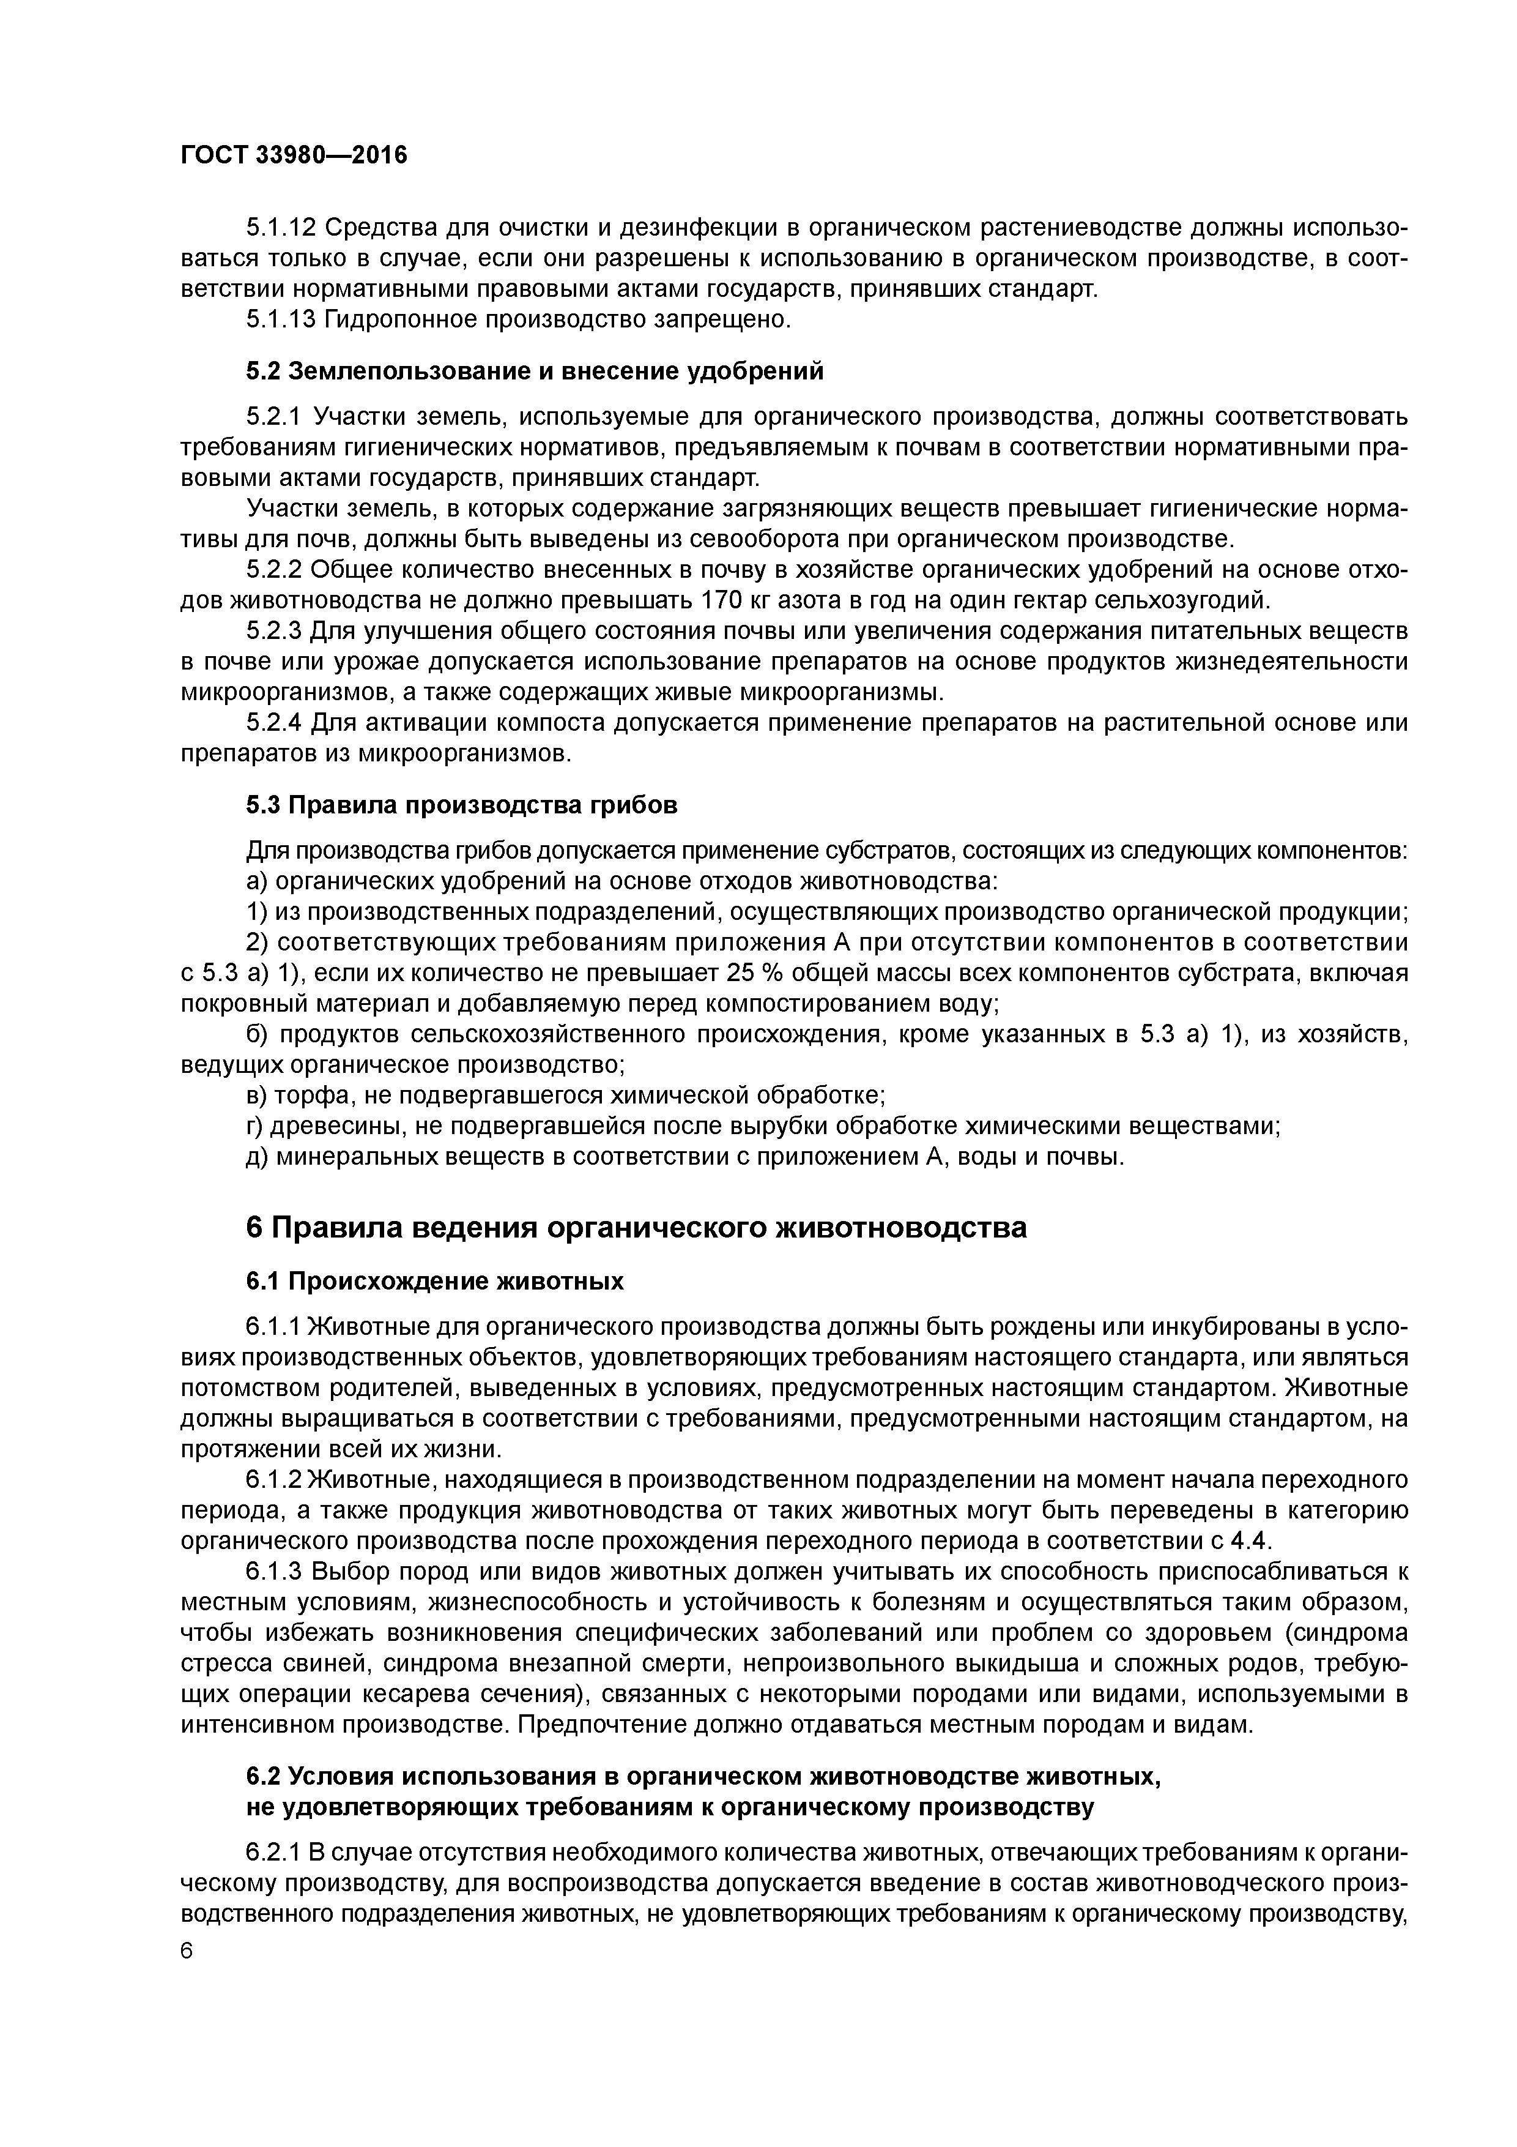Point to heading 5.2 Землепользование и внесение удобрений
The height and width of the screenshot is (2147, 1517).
535,372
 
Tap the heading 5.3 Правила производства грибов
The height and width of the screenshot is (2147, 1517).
462,804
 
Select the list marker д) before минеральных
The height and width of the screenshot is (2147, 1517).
257,1157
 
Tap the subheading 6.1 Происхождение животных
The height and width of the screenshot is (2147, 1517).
435,1280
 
